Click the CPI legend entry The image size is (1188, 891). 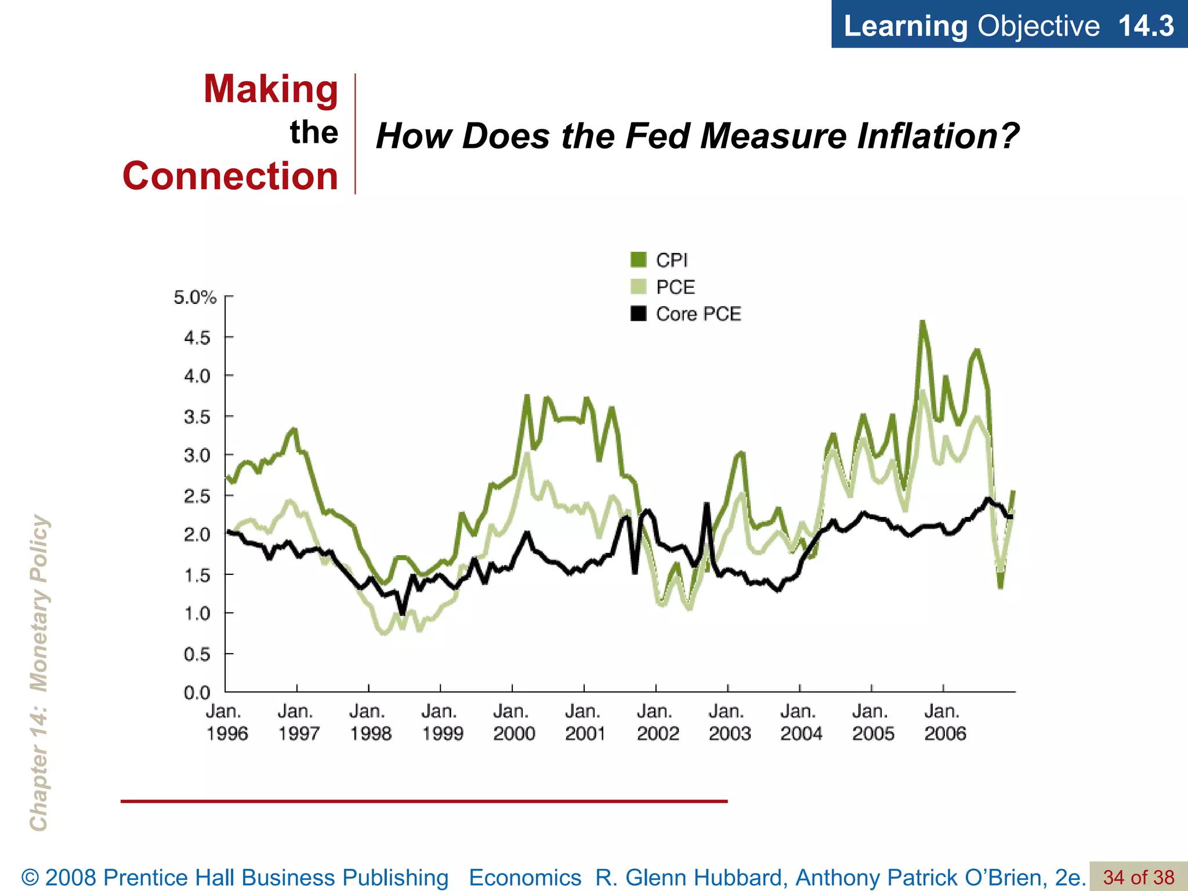[x=671, y=260]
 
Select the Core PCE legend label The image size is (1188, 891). [x=698, y=314]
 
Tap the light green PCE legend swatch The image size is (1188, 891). [x=638, y=287]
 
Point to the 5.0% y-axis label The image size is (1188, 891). [x=195, y=298]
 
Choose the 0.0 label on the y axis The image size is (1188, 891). [x=197, y=692]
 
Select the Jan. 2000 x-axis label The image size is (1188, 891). [x=513, y=722]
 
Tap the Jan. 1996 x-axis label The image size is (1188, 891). [x=226, y=722]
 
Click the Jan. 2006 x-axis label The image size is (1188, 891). [x=944, y=722]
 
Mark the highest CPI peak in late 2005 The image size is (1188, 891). [x=922, y=323]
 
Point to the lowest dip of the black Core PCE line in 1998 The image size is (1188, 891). [x=403, y=613]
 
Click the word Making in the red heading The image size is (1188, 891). [x=270, y=89]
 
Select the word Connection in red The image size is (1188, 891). [x=230, y=176]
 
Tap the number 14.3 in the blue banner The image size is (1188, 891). [x=1146, y=26]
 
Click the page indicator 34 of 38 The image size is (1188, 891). [x=1138, y=877]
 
